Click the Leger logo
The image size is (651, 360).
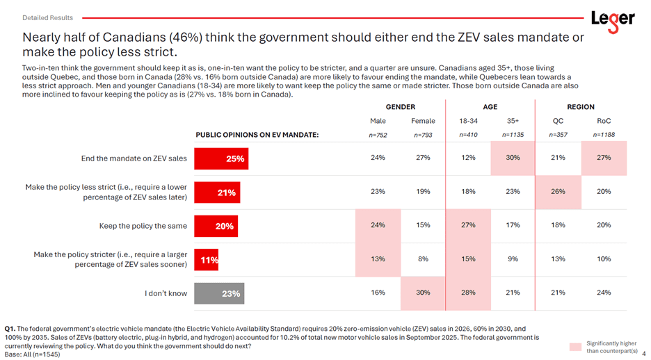pos(612,19)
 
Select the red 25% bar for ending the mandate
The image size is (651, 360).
pos(220,158)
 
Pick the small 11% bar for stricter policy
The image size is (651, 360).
pos(207,260)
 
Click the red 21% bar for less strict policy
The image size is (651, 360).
pos(216,193)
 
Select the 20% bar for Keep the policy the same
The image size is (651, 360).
pos(215,226)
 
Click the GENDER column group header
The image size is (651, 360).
pos(400,107)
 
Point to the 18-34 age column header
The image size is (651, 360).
pos(468,121)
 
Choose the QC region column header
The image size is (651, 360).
pos(558,121)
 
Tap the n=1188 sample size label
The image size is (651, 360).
pos(604,135)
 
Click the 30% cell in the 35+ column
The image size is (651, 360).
pos(513,158)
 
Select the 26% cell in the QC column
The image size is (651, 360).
pos(558,191)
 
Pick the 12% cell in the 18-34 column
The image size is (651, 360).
pos(468,158)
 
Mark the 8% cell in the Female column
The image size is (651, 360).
pos(423,259)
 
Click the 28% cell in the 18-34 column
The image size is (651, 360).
pos(468,293)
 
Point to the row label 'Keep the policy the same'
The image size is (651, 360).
pos(143,226)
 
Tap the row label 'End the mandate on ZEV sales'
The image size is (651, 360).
pos(134,158)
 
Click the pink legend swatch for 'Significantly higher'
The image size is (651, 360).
pos(574,346)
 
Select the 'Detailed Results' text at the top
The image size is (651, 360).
pos(47,17)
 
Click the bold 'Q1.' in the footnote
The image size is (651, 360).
pos(10,328)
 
